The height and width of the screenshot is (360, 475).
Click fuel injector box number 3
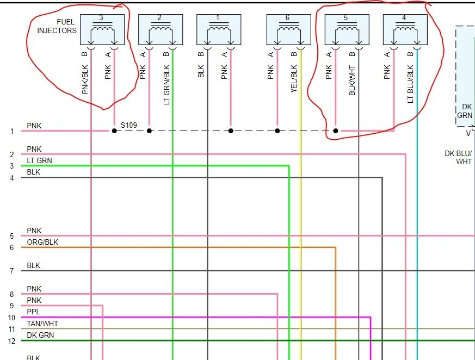point(102,30)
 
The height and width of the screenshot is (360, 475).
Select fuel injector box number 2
point(161,30)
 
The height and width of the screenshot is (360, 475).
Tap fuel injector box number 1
point(218,30)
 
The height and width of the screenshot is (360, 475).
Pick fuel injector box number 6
point(288,30)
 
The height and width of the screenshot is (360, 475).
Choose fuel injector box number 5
point(347,30)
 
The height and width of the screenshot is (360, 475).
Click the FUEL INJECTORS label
point(57,26)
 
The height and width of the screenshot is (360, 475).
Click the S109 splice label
point(129,125)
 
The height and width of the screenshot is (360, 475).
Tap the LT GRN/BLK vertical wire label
point(166,85)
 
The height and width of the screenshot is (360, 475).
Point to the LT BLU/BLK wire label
point(411,84)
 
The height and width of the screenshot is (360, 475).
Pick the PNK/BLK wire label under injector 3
point(85,77)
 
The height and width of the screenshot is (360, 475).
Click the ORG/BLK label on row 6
point(42,242)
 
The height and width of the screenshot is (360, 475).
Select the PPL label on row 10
point(34,312)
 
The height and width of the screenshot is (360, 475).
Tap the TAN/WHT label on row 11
point(42,324)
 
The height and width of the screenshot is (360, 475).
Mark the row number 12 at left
point(11,341)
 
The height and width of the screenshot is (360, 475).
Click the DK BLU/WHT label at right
point(458,158)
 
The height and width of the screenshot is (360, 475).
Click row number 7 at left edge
point(11,271)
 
